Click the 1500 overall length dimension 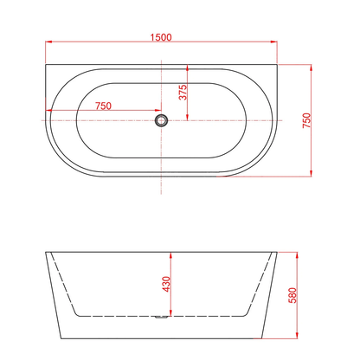[161, 37]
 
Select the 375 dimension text [183, 93]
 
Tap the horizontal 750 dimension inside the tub [103, 106]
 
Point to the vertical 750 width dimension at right [307, 120]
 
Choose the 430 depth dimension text [166, 284]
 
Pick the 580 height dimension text [292, 295]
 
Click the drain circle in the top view [161, 120]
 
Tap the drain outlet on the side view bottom [161, 318]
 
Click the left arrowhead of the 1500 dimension [48, 42]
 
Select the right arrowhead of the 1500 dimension [273, 42]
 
